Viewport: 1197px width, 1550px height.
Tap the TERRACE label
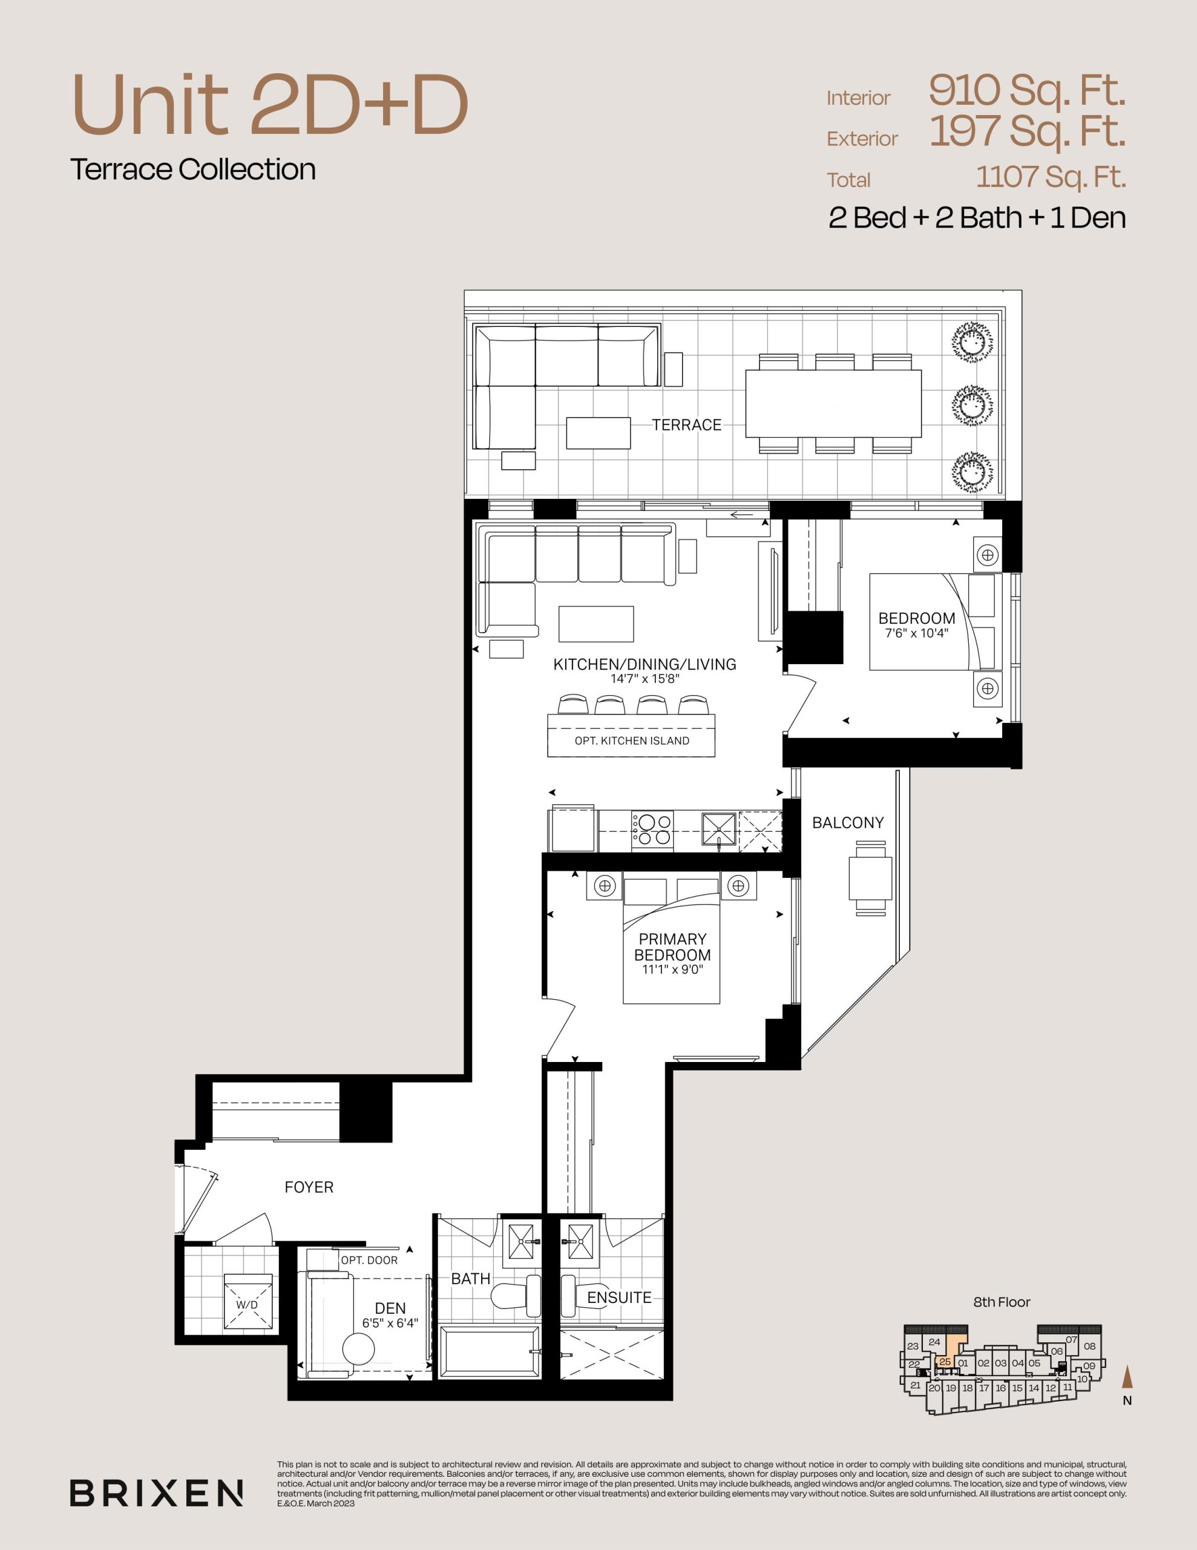[686, 425]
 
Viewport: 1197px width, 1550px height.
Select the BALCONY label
[848, 823]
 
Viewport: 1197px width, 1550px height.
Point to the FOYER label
[309, 1187]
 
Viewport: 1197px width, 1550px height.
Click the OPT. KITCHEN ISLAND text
[632, 741]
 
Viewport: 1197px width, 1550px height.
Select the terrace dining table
[833, 403]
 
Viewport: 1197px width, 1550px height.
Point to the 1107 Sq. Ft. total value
[1051, 177]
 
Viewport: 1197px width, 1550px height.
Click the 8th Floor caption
[1001, 1302]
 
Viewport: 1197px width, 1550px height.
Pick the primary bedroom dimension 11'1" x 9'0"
[672, 969]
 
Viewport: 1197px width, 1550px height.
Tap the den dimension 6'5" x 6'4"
[390, 1323]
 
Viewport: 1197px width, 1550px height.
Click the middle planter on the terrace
[972, 405]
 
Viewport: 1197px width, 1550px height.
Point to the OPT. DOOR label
[369, 1260]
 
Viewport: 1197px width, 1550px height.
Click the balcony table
[871, 879]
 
